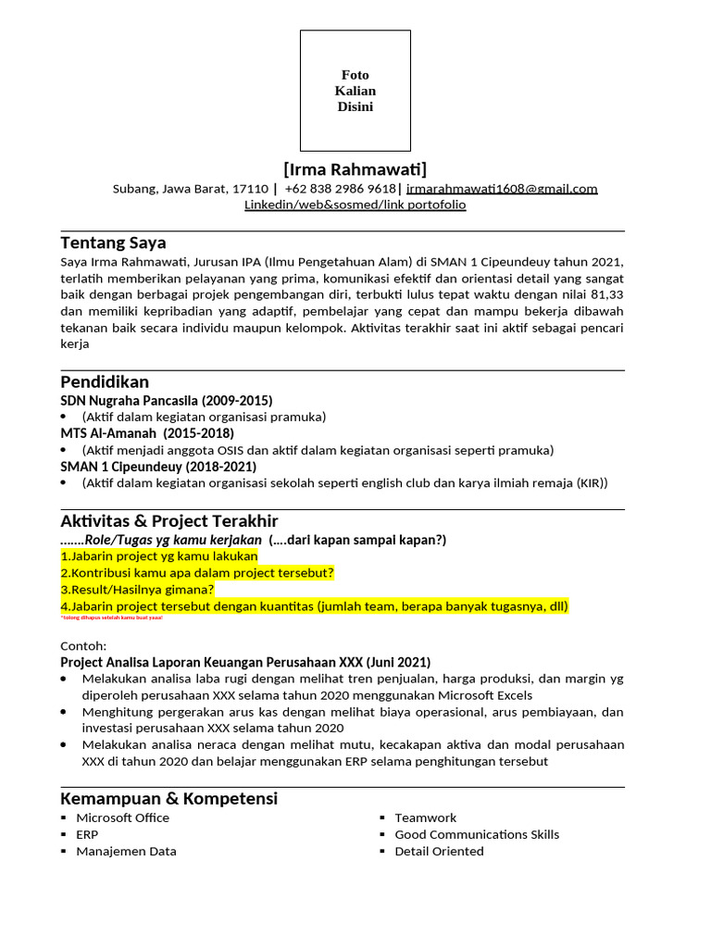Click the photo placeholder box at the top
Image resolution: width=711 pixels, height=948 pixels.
(355, 91)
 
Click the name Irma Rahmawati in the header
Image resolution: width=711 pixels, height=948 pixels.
(355, 169)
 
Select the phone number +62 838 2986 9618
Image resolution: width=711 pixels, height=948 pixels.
(340, 189)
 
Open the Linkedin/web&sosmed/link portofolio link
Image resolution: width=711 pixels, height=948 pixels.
(355, 205)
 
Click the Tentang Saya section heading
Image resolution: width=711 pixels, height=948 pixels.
(113, 243)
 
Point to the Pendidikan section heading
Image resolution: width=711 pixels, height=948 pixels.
(105, 382)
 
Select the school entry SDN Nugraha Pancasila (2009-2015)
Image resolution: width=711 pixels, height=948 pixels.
(167, 401)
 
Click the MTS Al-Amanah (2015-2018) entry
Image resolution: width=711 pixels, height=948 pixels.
(147, 433)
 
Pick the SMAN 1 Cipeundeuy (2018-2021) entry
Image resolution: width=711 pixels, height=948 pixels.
(158, 467)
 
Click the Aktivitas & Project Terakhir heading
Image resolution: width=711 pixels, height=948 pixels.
(169, 521)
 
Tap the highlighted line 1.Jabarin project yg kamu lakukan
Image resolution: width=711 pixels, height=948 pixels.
(159, 556)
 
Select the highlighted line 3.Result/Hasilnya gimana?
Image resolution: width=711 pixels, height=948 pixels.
(137, 590)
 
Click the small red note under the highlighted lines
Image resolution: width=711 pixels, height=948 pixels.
(111, 617)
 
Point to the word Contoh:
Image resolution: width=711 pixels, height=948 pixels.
(83, 645)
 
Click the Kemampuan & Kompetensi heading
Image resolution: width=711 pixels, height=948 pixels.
(168, 799)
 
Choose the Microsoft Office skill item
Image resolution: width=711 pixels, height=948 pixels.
(122, 818)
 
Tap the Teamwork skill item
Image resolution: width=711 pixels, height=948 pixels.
(425, 818)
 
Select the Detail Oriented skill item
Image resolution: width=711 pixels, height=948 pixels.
(439, 852)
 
